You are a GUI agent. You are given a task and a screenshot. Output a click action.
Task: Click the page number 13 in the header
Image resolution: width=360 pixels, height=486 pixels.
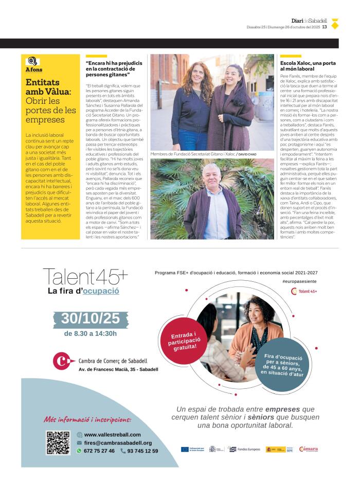[x=325, y=27]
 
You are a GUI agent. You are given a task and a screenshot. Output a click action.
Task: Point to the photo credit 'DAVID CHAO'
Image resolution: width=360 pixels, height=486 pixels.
[x=247, y=154]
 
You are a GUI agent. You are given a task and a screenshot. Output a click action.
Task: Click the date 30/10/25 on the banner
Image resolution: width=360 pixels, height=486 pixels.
[x=91, y=318]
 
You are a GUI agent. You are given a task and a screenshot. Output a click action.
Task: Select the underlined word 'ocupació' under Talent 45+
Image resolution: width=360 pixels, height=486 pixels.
[x=101, y=291]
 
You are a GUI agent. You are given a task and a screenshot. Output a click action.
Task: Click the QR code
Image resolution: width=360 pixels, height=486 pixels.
[x=58, y=442]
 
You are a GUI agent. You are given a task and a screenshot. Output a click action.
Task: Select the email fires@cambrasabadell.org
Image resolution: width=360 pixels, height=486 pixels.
[x=118, y=443]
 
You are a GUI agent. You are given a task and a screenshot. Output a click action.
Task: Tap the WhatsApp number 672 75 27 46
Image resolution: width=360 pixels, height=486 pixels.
[x=99, y=451]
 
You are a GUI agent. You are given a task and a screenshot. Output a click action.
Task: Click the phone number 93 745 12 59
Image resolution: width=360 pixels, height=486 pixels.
[x=142, y=451]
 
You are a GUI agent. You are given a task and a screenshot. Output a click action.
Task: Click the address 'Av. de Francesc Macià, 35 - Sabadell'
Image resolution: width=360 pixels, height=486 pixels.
[x=118, y=369]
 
